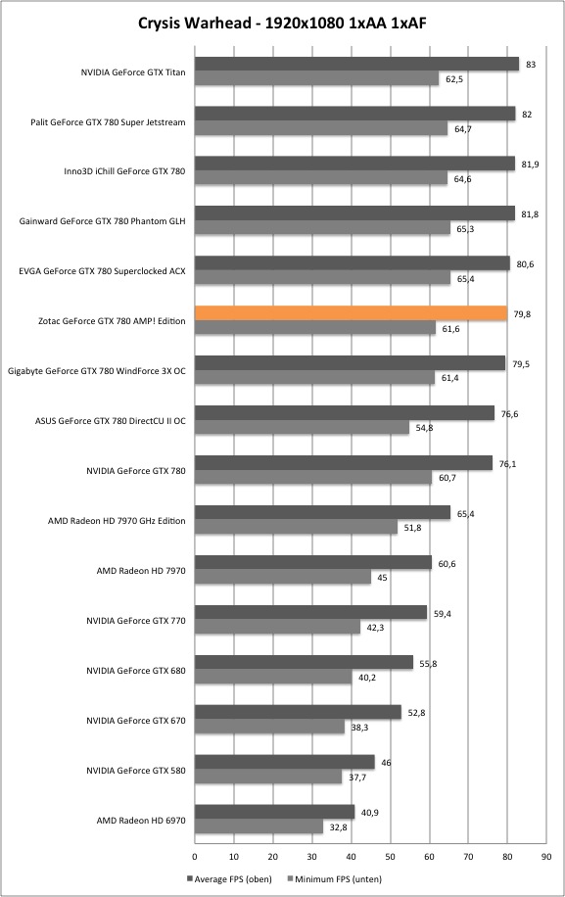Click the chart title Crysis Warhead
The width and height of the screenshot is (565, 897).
[195, 23]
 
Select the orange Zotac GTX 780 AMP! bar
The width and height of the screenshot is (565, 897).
[352, 313]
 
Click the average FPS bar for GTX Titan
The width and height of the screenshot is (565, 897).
[356, 64]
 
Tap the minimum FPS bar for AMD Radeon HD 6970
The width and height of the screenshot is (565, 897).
[259, 826]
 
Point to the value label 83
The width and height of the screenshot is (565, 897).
[531, 65]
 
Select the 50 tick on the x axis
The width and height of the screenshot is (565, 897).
[390, 857]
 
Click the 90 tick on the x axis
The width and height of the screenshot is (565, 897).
[546, 857]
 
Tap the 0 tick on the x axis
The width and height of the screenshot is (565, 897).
[195, 857]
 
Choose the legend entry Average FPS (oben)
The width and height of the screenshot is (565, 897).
[229, 878]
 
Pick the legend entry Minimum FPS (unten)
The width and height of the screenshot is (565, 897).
[334, 878]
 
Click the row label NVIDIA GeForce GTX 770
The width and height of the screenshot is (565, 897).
[136, 621]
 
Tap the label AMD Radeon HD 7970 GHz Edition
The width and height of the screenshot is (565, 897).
[117, 521]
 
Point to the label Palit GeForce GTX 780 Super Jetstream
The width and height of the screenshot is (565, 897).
[108, 122]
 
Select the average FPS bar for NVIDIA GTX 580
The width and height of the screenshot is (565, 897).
[285, 762]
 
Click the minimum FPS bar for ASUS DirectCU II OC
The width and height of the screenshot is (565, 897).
[302, 428]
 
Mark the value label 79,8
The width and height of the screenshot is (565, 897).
[522, 314]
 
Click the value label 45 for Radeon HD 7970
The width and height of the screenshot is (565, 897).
[382, 578]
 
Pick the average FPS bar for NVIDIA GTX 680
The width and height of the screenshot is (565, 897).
[305, 662]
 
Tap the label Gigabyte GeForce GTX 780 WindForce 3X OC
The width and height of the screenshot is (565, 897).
[97, 371]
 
